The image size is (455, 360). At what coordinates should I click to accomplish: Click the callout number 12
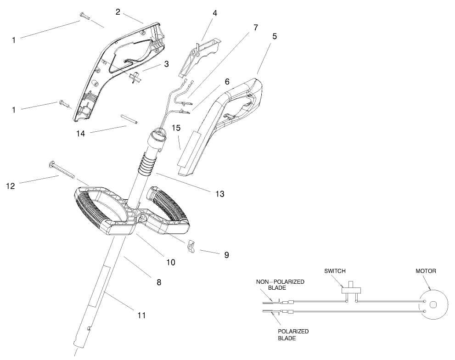click(x=11, y=186)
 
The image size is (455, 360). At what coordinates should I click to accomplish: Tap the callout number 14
click(x=81, y=134)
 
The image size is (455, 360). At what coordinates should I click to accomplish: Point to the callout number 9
click(x=226, y=254)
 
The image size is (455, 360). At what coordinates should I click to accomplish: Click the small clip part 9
click(x=191, y=247)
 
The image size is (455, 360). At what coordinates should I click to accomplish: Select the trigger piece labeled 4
click(x=200, y=57)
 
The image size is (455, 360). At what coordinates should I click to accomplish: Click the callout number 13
click(x=219, y=194)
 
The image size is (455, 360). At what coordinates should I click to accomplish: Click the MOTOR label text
click(x=427, y=271)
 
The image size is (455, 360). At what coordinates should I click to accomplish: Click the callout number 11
click(x=141, y=315)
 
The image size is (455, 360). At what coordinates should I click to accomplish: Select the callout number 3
click(x=166, y=64)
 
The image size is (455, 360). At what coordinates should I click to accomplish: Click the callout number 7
click(x=255, y=28)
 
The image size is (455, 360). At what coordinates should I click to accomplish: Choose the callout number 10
click(x=171, y=262)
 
